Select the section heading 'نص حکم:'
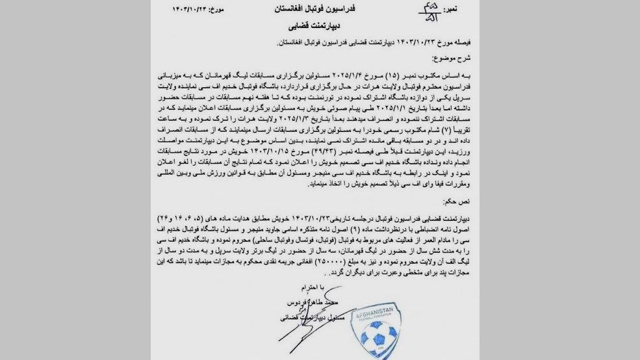point(470,202)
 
